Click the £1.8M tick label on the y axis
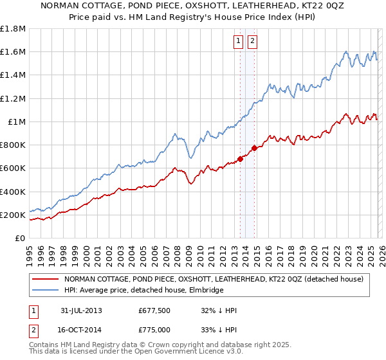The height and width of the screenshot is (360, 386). (x=13, y=28)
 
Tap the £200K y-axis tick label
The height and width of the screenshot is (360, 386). (x=13, y=215)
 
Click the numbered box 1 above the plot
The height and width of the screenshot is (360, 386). (x=239, y=41)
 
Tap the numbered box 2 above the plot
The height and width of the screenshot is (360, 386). (x=252, y=41)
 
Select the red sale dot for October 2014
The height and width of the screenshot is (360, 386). (x=254, y=148)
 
